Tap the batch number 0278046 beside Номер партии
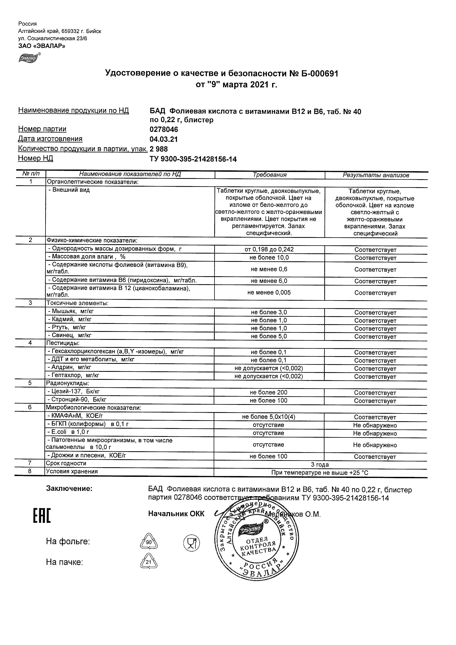point(164,130)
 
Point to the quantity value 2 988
point(159,149)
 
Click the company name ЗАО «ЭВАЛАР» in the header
point(42,46)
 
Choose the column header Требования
point(269,175)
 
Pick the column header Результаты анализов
point(376,175)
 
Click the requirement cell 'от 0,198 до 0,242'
point(269,249)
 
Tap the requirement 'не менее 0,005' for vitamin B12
point(269,292)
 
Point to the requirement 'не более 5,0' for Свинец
point(269,336)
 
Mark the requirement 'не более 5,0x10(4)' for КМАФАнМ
point(269,417)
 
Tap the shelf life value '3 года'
point(320,465)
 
